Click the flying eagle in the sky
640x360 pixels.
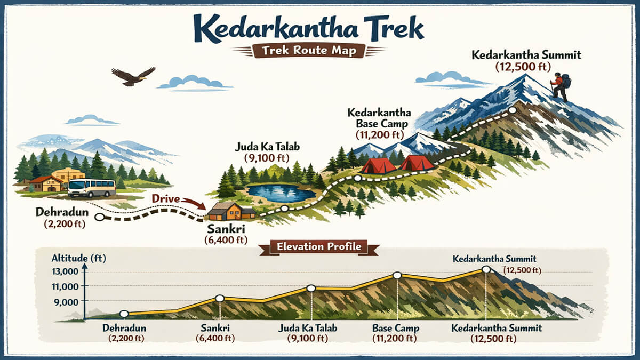pyautogui.click(x=132, y=76)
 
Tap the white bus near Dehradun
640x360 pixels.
pyautogui.click(x=92, y=188)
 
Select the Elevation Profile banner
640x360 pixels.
pyautogui.click(x=318, y=247)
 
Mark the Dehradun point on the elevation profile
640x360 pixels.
pyautogui.click(x=124, y=314)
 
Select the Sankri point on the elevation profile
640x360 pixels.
pyautogui.click(x=219, y=299)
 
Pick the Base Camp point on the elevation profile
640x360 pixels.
pyautogui.click(x=397, y=275)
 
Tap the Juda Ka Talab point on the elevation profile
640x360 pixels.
pyautogui.click(x=311, y=289)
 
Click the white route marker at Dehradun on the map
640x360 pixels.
pyautogui.click(x=99, y=217)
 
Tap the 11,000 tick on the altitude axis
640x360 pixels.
pyautogui.click(x=65, y=286)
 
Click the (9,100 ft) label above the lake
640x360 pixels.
pyautogui.click(x=261, y=158)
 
